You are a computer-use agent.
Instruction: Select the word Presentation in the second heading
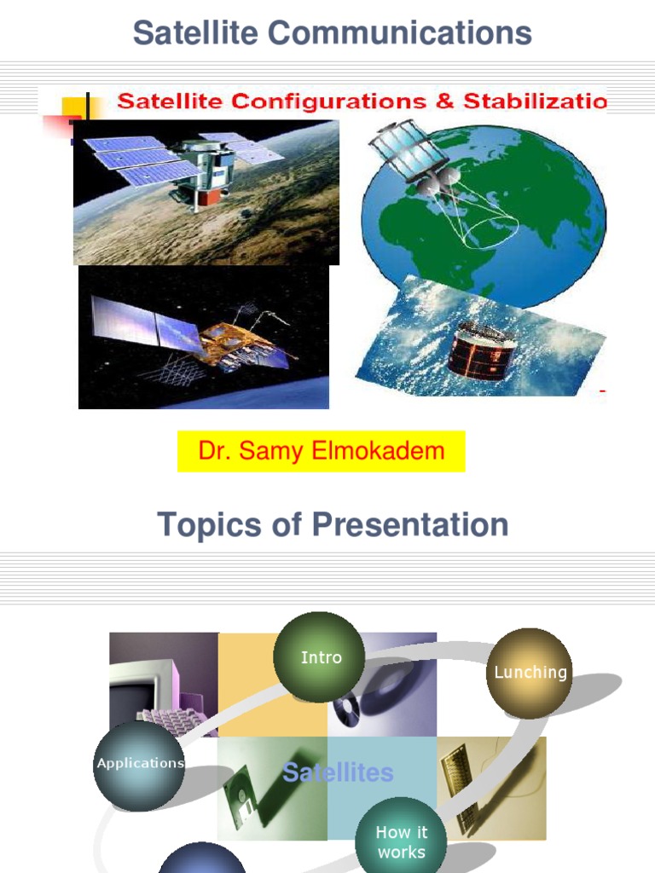[x=409, y=524]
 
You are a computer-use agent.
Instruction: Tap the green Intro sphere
[x=320, y=656]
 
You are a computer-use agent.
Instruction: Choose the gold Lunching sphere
[x=530, y=673]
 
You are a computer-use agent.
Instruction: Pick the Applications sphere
[x=139, y=765]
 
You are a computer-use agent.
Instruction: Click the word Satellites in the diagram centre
[x=338, y=773]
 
